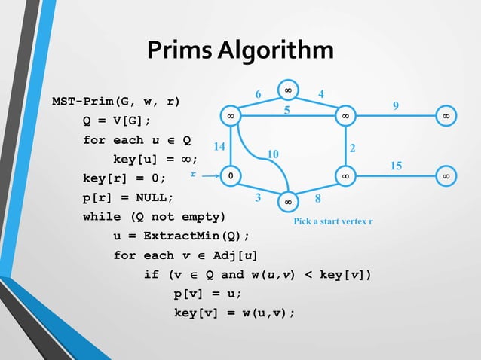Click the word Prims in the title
[179, 50]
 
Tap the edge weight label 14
[219, 147]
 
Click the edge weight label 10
[273, 154]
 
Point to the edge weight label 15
[396, 164]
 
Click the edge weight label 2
[354, 147]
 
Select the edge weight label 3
[258, 199]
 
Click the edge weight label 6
[258, 94]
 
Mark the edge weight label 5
[286, 110]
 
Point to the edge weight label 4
[321, 94]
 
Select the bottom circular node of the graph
[288, 203]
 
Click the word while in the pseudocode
[101, 217]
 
